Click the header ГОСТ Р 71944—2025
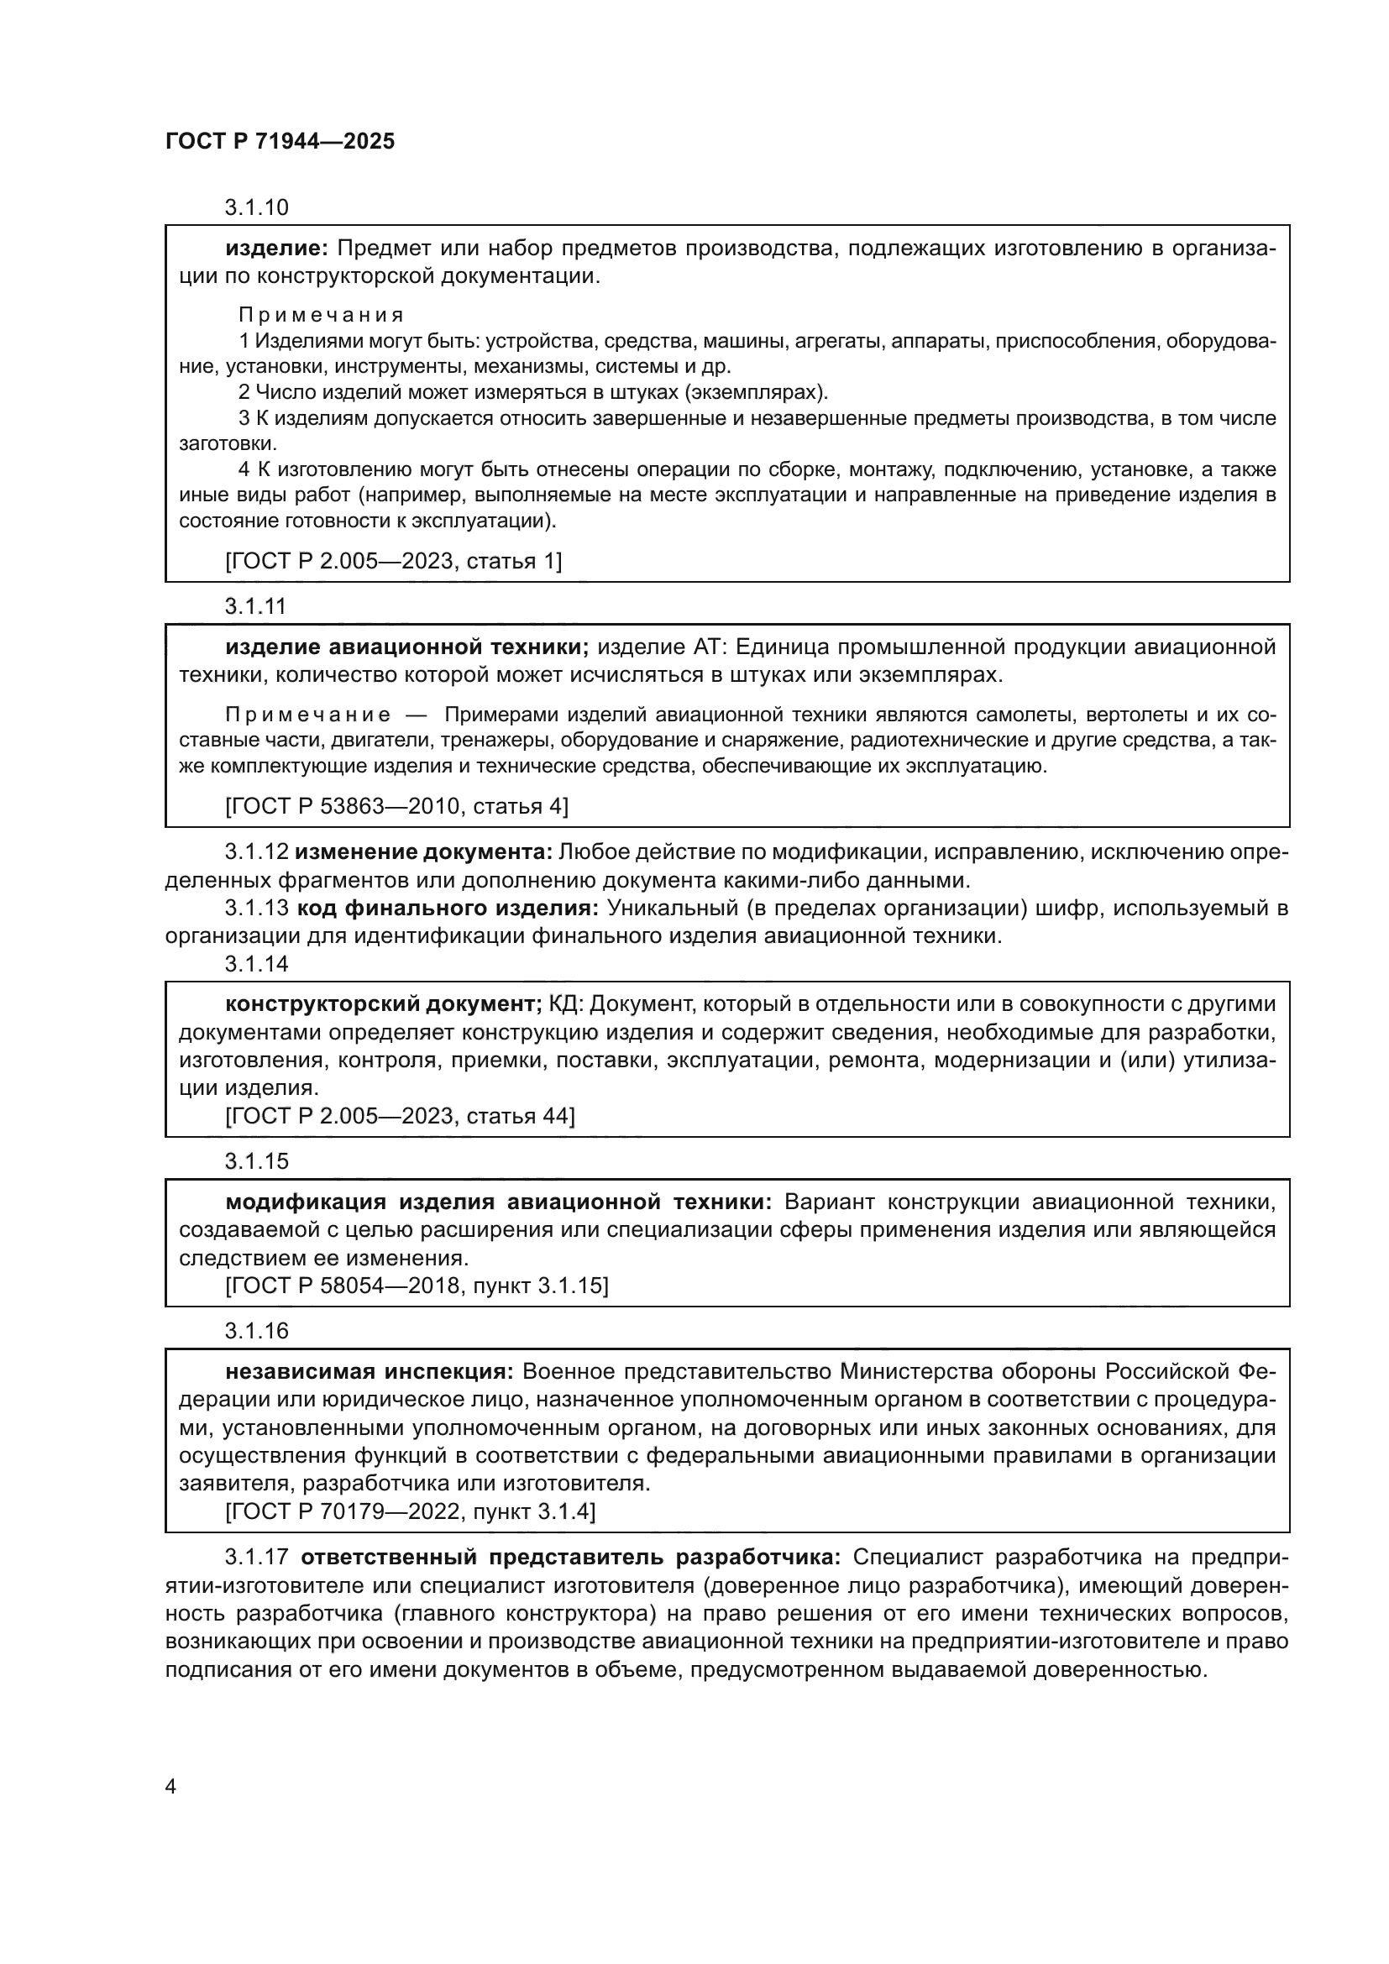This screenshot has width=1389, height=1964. point(280,142)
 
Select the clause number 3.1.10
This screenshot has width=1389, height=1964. point(257,207)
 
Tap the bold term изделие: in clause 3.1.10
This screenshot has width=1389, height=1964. point(276,249)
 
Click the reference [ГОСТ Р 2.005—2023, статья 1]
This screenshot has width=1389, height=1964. point(393,561)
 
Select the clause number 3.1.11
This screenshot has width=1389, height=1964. point(255,606)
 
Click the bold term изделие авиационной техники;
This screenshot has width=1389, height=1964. point(407,647)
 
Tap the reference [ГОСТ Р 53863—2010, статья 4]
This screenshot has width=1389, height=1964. point(396,807)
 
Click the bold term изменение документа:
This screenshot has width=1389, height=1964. point(424,852)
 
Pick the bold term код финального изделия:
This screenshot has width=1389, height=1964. point(448,909)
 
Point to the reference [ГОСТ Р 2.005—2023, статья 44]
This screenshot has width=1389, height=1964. point(400,1116)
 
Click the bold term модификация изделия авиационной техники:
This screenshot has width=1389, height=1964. point(499,1202)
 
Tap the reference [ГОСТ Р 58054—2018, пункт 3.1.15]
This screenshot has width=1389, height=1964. point(417,1286)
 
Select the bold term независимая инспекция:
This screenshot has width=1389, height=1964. point(370,1372)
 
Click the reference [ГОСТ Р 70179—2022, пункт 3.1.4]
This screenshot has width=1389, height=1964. point(410,1511)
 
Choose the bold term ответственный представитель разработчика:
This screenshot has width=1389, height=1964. point(571,1558)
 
